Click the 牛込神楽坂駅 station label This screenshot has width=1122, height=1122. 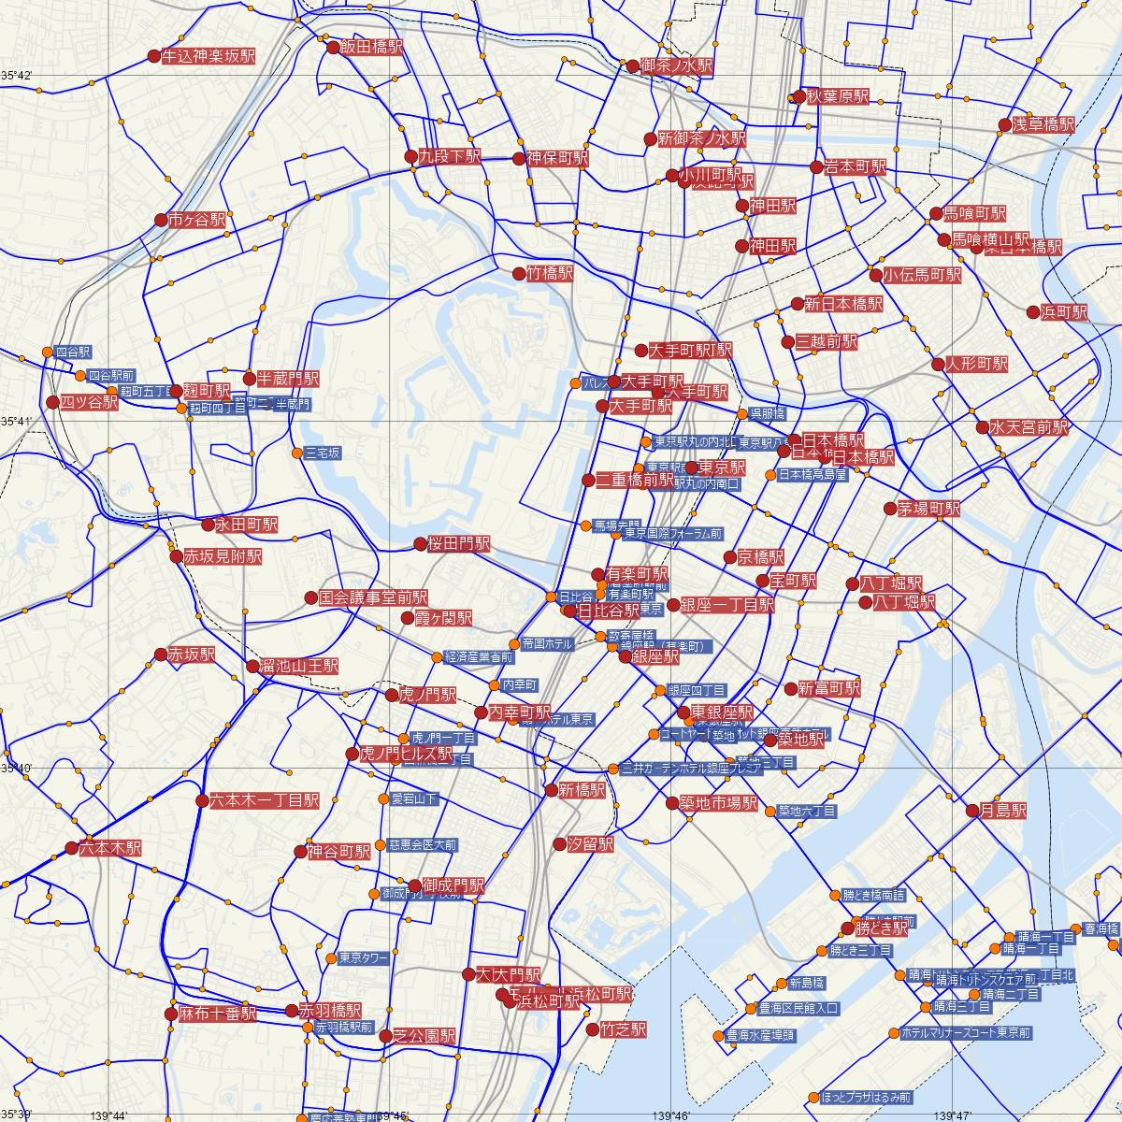209,56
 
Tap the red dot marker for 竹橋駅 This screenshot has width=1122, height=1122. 519,273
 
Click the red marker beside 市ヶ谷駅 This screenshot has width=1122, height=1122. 162,221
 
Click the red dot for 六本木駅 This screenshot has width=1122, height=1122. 72,848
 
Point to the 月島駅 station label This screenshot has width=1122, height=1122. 1003,811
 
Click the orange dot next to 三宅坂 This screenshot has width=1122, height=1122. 296,453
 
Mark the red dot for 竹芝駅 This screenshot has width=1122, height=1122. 591,1029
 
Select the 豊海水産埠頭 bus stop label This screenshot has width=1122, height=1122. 761,1036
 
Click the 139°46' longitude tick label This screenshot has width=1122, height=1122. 670,1115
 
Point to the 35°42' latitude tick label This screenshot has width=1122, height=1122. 17,74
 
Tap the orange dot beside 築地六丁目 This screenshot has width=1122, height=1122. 770,811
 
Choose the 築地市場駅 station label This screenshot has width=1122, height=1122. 718,802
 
